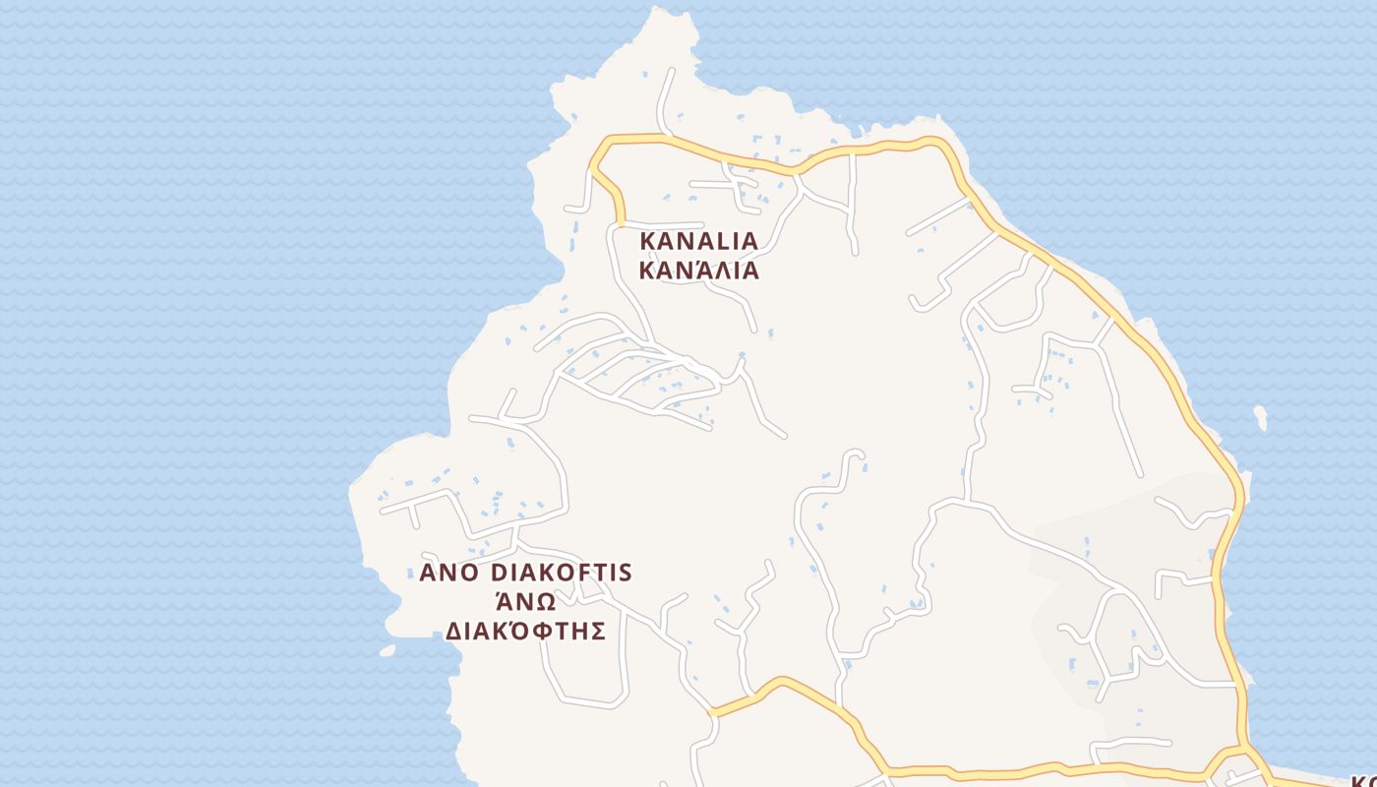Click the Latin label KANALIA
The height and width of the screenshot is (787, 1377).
(698, 241)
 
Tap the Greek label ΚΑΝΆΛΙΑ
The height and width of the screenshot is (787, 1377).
(698, 271)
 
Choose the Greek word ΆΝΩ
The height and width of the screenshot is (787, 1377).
(524, 601)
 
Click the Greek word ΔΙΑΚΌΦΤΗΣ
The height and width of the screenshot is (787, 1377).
(524, 631)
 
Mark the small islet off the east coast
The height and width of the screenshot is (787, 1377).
(1260, 418)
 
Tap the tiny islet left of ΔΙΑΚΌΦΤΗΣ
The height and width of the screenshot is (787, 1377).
(387, 650)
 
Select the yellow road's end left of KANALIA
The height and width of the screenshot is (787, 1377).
(621, 224)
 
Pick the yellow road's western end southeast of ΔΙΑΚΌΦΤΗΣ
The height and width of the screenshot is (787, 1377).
(711, 713)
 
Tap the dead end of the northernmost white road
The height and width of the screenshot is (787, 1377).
(673, 71)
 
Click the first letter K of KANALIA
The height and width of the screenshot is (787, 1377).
(647, 241)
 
